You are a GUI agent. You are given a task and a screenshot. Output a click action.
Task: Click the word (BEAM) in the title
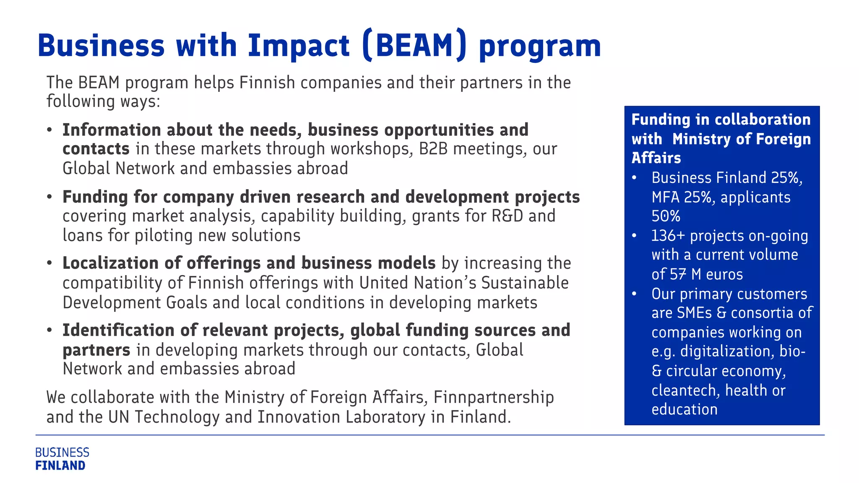click(x=414, y=45)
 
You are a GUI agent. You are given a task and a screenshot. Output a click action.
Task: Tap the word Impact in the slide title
click(x=298, y=45)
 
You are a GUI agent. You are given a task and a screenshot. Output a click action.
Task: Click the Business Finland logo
click(x=62, y=459)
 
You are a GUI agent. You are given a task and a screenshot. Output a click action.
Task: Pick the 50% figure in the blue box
click(x=666, y=216)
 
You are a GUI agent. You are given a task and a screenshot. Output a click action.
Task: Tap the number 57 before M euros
click(x=678, y=274)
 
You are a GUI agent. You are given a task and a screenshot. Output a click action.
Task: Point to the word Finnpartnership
click(x=494, y=397)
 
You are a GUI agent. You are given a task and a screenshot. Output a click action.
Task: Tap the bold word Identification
click(x=118, y=330)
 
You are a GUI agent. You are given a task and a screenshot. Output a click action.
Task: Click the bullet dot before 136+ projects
click(x=634, y=236)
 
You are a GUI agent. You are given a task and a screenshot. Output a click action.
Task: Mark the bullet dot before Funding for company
click(x=50, y=197)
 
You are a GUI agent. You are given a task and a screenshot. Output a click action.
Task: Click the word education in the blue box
click(x=685, y=409)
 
